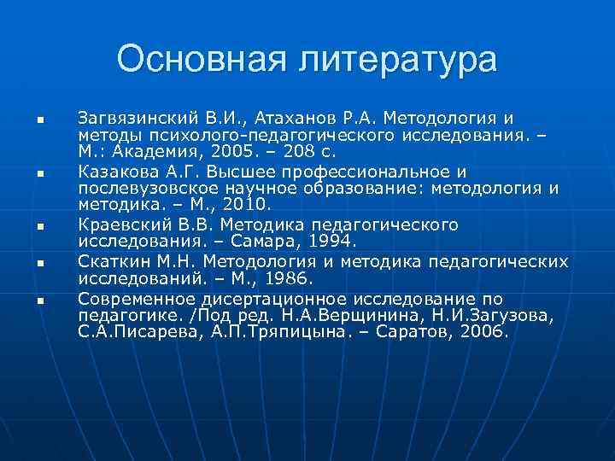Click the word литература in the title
389,60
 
